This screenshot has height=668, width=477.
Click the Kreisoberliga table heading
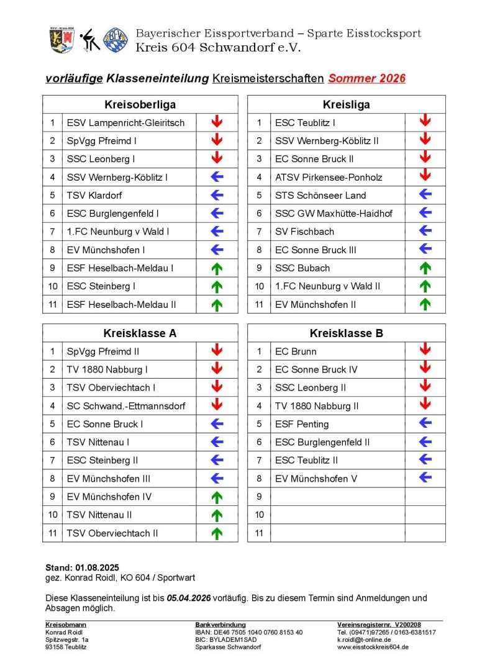(140, 104)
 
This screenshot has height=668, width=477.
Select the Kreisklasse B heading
(346, 333)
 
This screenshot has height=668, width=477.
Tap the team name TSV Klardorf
(94, 195)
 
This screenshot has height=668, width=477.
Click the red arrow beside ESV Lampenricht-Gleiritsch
(216, 122)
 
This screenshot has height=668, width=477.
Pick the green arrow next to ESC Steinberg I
(216, 286)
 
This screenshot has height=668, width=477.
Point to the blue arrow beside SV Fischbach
(425, 231)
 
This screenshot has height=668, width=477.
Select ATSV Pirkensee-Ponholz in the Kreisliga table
(329, 177)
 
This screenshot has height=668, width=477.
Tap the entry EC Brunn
(296, 351)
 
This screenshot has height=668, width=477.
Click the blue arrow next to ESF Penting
(425, 423)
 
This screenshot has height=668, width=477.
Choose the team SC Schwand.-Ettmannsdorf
(126, 406)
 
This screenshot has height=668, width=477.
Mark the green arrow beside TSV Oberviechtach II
(216, 533)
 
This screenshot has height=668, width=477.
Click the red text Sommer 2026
(367, 78)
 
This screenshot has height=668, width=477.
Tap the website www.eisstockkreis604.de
(373, 647)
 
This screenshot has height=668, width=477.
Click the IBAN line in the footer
(249, 632)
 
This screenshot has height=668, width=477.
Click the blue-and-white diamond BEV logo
(116, 39)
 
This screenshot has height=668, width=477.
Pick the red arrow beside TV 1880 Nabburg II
(425, 405)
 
